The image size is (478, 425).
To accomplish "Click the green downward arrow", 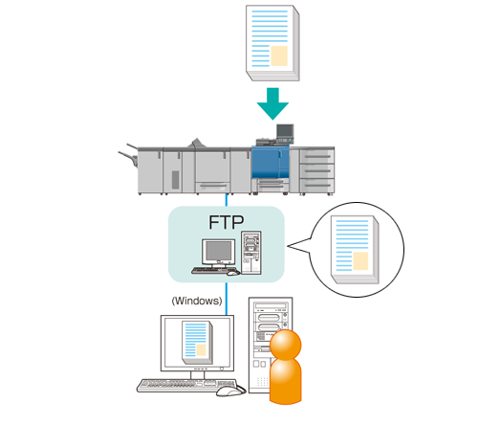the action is tap(272, 103).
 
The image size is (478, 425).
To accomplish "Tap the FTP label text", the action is tap(227, 222).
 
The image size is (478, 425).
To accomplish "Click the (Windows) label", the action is tap(197, 301).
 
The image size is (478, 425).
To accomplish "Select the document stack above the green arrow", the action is tap(272, 43).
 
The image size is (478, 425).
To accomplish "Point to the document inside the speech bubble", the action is tap(355, 250).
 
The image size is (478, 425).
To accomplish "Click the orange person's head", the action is tap(286, 345).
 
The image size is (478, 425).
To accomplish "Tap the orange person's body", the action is tap(286, 381).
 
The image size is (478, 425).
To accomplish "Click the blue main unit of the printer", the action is tap(270, 162).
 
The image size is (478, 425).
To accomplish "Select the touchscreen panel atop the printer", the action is tap(285, 131).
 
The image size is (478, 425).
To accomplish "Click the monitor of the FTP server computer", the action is tap(219, 252).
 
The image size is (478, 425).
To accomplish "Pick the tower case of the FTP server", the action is tap(251, 253).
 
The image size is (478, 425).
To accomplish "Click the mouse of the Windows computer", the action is tap(230, 391).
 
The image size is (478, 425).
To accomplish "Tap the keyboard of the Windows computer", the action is tap(187, 386).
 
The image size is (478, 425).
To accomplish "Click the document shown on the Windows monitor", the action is tap(198, 343).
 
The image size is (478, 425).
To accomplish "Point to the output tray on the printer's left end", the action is tap(128, 155).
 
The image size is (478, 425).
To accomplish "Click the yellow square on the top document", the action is tap(279, 56).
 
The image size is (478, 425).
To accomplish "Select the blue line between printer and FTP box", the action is tap(227, 200).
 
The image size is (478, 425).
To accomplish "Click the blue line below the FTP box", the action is tap(227, 299).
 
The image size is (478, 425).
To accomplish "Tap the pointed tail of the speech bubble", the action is tap(288, 246).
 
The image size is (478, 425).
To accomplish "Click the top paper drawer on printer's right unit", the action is tap(316, 156).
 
